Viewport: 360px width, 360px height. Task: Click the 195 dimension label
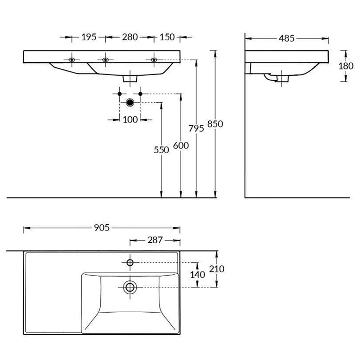click(x=89, y=37)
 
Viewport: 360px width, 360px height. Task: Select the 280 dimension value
click(x=130, y=37)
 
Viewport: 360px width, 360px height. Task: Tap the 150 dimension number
click(x=167, y=37)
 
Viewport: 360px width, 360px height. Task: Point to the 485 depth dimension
click(x=287, y=38)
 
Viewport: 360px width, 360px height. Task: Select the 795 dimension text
click(x=196, y=129)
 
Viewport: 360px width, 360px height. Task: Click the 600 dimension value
click(x=181, y=146)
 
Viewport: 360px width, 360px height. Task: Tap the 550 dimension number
click(x=161, y=150)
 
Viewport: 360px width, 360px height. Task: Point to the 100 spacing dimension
click(x=131, y=119)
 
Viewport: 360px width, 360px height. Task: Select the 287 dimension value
click(x=155, y=240)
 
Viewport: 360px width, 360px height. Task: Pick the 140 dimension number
click(x=198, y=275)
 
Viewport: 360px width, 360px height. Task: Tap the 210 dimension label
click(x=217, y=269)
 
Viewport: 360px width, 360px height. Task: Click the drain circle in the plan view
click(x=130, y=286)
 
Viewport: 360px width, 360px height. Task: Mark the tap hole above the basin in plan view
click(x=130, y=263)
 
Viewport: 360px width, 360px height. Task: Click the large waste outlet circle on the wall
click(x=130, y=102)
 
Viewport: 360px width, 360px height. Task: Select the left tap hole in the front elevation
click(x=71, y=60)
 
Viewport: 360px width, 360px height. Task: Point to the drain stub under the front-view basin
click(x=131, y=78)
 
